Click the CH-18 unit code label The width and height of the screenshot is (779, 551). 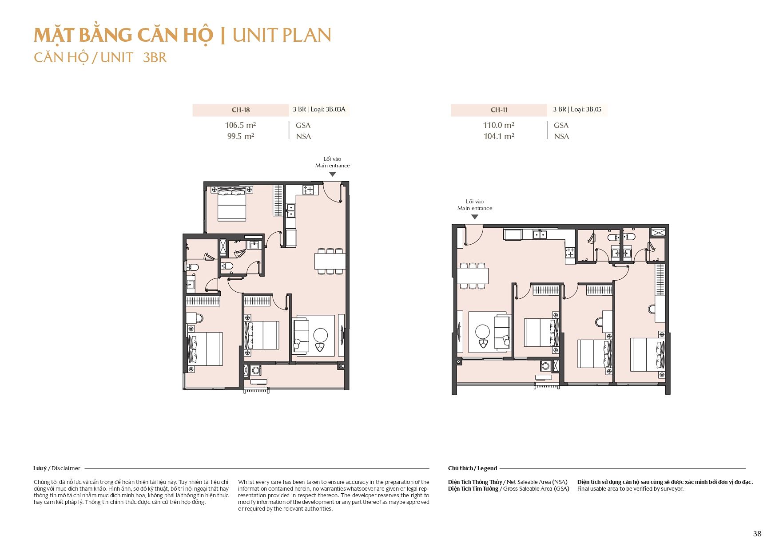[x=241, y=110]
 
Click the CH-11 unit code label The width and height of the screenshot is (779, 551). [x=499, y=110]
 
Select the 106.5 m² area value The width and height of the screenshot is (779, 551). [x=240, y=125]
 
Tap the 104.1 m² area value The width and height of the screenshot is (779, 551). [x=499, y=136]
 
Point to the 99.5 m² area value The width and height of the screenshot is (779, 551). [x=241, y=136]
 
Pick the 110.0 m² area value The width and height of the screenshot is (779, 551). [x=499, y=125]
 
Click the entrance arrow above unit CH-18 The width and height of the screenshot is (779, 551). [x=333, y=174]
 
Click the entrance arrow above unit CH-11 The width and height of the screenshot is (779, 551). [x=475, y=217]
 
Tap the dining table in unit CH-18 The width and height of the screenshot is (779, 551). [x=330, y=261]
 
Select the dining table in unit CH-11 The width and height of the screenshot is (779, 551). [x=473, y=276]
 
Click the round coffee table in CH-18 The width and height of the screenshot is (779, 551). [x=320, y=335]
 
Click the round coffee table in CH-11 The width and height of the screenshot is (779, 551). [x=482, y=332]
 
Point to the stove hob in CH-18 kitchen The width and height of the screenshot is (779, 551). [x=308, y=190]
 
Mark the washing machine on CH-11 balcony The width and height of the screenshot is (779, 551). [x=545, y=366]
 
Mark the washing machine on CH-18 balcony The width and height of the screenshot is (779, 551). [x=256, y=370]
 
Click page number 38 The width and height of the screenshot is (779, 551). [x=757, y=534]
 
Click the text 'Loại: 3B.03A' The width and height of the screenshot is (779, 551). [x=328, y=109]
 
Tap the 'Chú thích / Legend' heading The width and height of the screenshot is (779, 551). [x=473, y=468]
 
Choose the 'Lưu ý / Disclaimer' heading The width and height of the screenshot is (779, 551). [x=57, y=468]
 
